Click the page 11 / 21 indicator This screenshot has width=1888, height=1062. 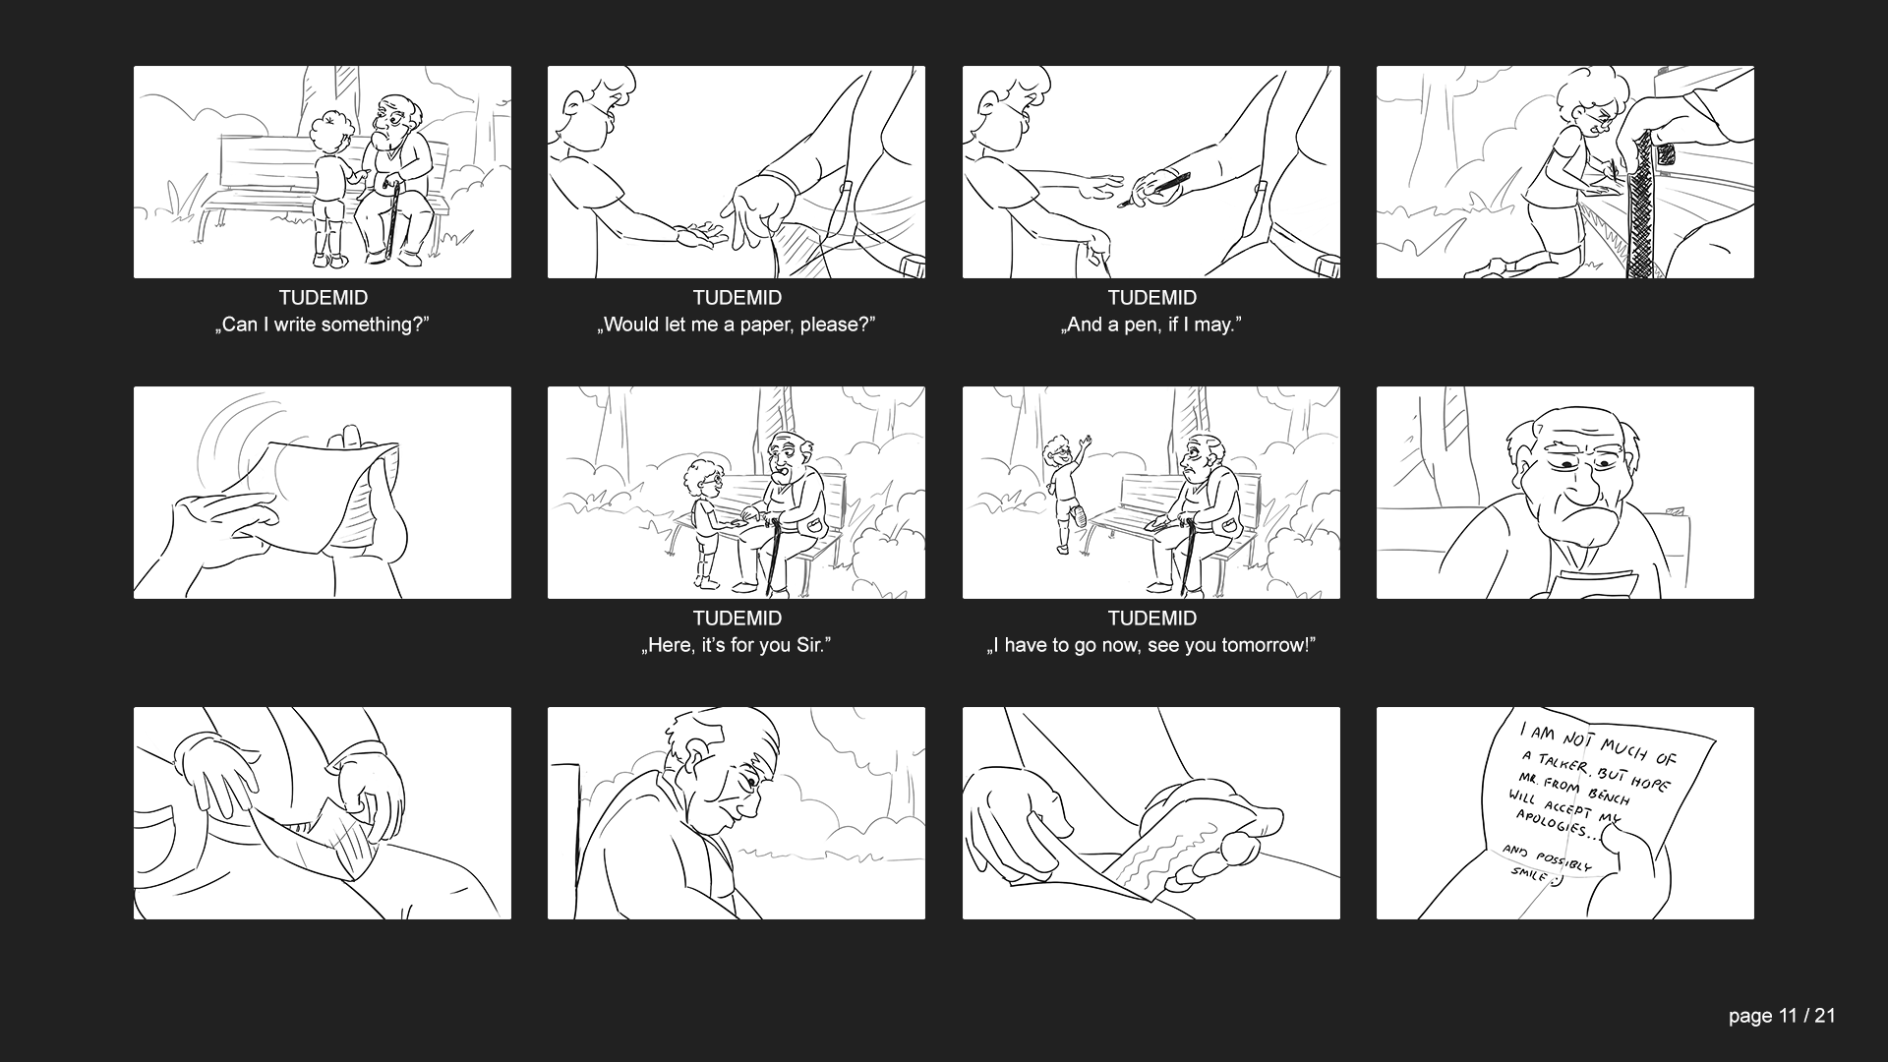click(1782, 1017)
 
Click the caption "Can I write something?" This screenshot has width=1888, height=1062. click(323, 324)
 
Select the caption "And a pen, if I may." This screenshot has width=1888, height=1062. click(1151, 324)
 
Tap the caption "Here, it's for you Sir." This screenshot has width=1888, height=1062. click(737, 645)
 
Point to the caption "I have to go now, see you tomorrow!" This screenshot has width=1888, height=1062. click(1151, 645)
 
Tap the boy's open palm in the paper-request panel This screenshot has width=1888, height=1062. click(699, 234)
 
